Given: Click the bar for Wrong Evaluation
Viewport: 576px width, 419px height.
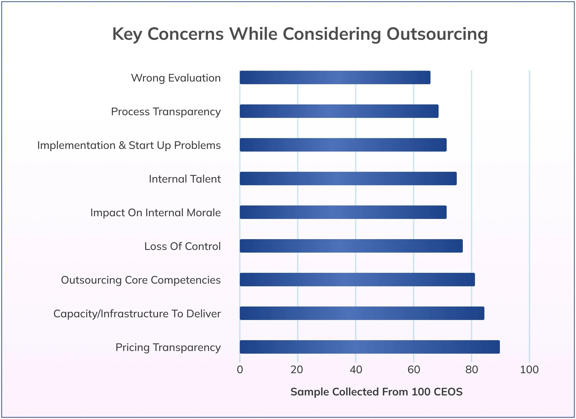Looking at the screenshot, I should coord(335,77).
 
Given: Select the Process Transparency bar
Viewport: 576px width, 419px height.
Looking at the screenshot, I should coord(339,111).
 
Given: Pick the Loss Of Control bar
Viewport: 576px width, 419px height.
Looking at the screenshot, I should coord(351,246).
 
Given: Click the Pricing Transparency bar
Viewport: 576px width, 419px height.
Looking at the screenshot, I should coord(370,347).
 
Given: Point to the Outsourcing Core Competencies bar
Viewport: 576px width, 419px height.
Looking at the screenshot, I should coord(357,280).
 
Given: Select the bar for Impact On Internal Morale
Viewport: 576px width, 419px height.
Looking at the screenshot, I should coord(343,212).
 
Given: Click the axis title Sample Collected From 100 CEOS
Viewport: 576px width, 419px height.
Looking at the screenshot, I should coord(376,392).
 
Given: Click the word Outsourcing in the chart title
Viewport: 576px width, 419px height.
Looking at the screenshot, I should coord(437,34).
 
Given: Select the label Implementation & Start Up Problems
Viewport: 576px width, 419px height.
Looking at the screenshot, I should coord(129,145).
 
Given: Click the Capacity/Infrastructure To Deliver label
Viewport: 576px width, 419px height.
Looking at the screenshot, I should coord(137,314).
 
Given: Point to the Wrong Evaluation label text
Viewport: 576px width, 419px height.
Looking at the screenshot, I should coord(176,78).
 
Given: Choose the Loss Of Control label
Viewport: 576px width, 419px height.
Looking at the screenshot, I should coord(182,246).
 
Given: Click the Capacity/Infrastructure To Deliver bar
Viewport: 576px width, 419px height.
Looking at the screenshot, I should coord(362,313).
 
